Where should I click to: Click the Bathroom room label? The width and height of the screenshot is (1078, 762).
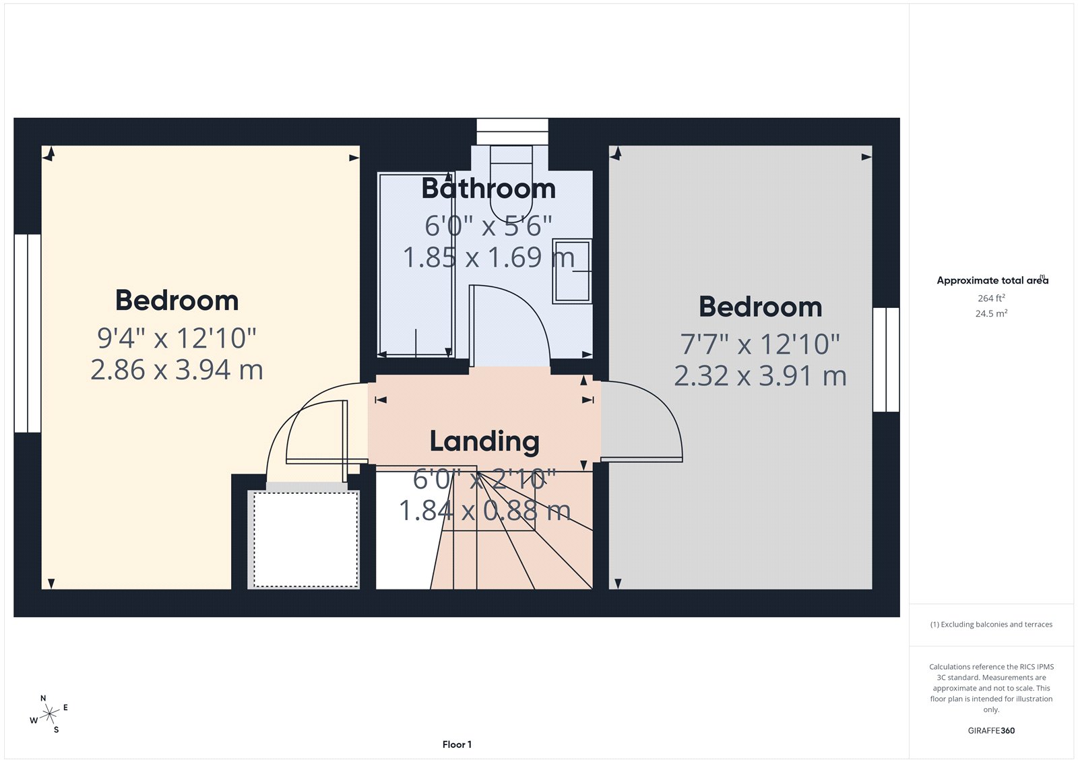[x=488, y=189]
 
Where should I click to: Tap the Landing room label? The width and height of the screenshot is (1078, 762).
[x=484, y=441]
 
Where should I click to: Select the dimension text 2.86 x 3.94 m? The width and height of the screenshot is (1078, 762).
[x=177, y=370]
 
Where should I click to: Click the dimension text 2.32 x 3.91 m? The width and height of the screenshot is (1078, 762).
[x=760, y=376]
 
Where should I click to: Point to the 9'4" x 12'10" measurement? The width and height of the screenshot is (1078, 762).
[x=177, y=338]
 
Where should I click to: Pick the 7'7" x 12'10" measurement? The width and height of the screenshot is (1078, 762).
[x=760, y=344]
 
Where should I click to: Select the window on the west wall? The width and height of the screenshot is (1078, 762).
[x=28, y=333]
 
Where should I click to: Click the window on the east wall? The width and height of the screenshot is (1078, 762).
[x=886, y=360]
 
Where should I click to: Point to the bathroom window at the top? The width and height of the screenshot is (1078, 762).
[x=512, y=131]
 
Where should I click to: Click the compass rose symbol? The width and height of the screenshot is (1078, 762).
[x=49, y=714]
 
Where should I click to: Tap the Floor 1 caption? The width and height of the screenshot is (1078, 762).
[x=457, y=744]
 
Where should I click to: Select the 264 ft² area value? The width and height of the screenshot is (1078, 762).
[x=991, y=298]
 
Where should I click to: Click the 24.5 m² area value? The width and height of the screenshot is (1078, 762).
[x=991, y=313]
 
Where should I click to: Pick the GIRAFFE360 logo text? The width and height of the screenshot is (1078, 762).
[x=991, y=730]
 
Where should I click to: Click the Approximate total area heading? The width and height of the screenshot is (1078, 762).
[x=991, y=280]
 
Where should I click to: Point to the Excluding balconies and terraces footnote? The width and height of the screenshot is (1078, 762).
[x=991, y=625]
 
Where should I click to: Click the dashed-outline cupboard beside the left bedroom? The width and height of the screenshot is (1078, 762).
[x=305, y=539]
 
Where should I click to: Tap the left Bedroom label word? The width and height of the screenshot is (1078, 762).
[x=177, y=300]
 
